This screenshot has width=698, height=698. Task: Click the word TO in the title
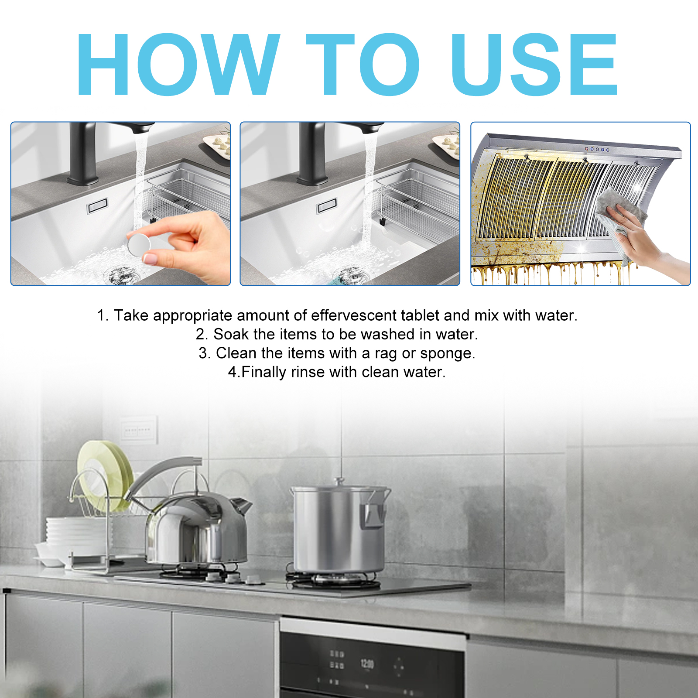363,64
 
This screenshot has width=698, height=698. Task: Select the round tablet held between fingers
139,244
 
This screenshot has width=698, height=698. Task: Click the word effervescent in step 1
353,315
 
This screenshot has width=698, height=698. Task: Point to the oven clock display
367,664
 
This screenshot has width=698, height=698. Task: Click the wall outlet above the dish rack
138,430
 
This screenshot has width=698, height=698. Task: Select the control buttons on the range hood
597,149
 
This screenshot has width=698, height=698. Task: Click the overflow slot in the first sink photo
97,206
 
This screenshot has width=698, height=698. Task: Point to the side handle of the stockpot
373,513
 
